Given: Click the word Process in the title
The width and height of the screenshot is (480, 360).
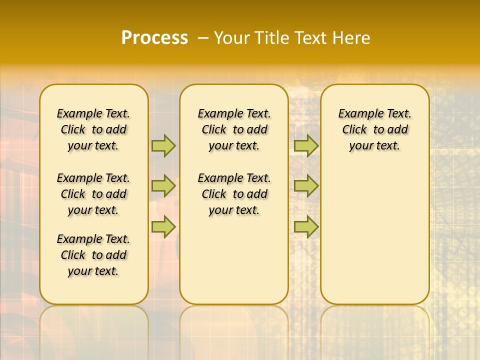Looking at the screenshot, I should (154, 38).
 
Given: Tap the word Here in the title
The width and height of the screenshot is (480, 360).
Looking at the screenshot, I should (350, 38).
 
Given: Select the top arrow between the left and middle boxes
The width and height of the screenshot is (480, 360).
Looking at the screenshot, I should (163, 145).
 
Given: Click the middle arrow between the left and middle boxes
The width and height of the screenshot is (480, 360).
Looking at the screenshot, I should (163, 186).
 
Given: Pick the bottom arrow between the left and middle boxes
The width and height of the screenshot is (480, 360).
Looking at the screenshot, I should (163, 226).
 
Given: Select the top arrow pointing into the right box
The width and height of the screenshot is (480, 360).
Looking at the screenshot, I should (306, 145).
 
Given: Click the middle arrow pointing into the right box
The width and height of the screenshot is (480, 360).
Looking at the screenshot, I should (306, 186).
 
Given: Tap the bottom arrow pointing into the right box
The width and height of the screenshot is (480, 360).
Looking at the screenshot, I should (306, 226).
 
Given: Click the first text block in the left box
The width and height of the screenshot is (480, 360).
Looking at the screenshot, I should (93, 129).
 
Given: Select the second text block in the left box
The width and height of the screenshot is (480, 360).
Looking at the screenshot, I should (93, 194).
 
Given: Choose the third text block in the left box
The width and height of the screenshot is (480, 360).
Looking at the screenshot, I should (93, 255).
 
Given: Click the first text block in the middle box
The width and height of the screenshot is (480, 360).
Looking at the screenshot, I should (234, 129).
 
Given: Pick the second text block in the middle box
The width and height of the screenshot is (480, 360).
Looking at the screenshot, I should (234, 194).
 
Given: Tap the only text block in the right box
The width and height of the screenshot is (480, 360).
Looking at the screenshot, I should (375, 129).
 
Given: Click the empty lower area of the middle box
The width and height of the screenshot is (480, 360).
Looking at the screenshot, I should (234, 260).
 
